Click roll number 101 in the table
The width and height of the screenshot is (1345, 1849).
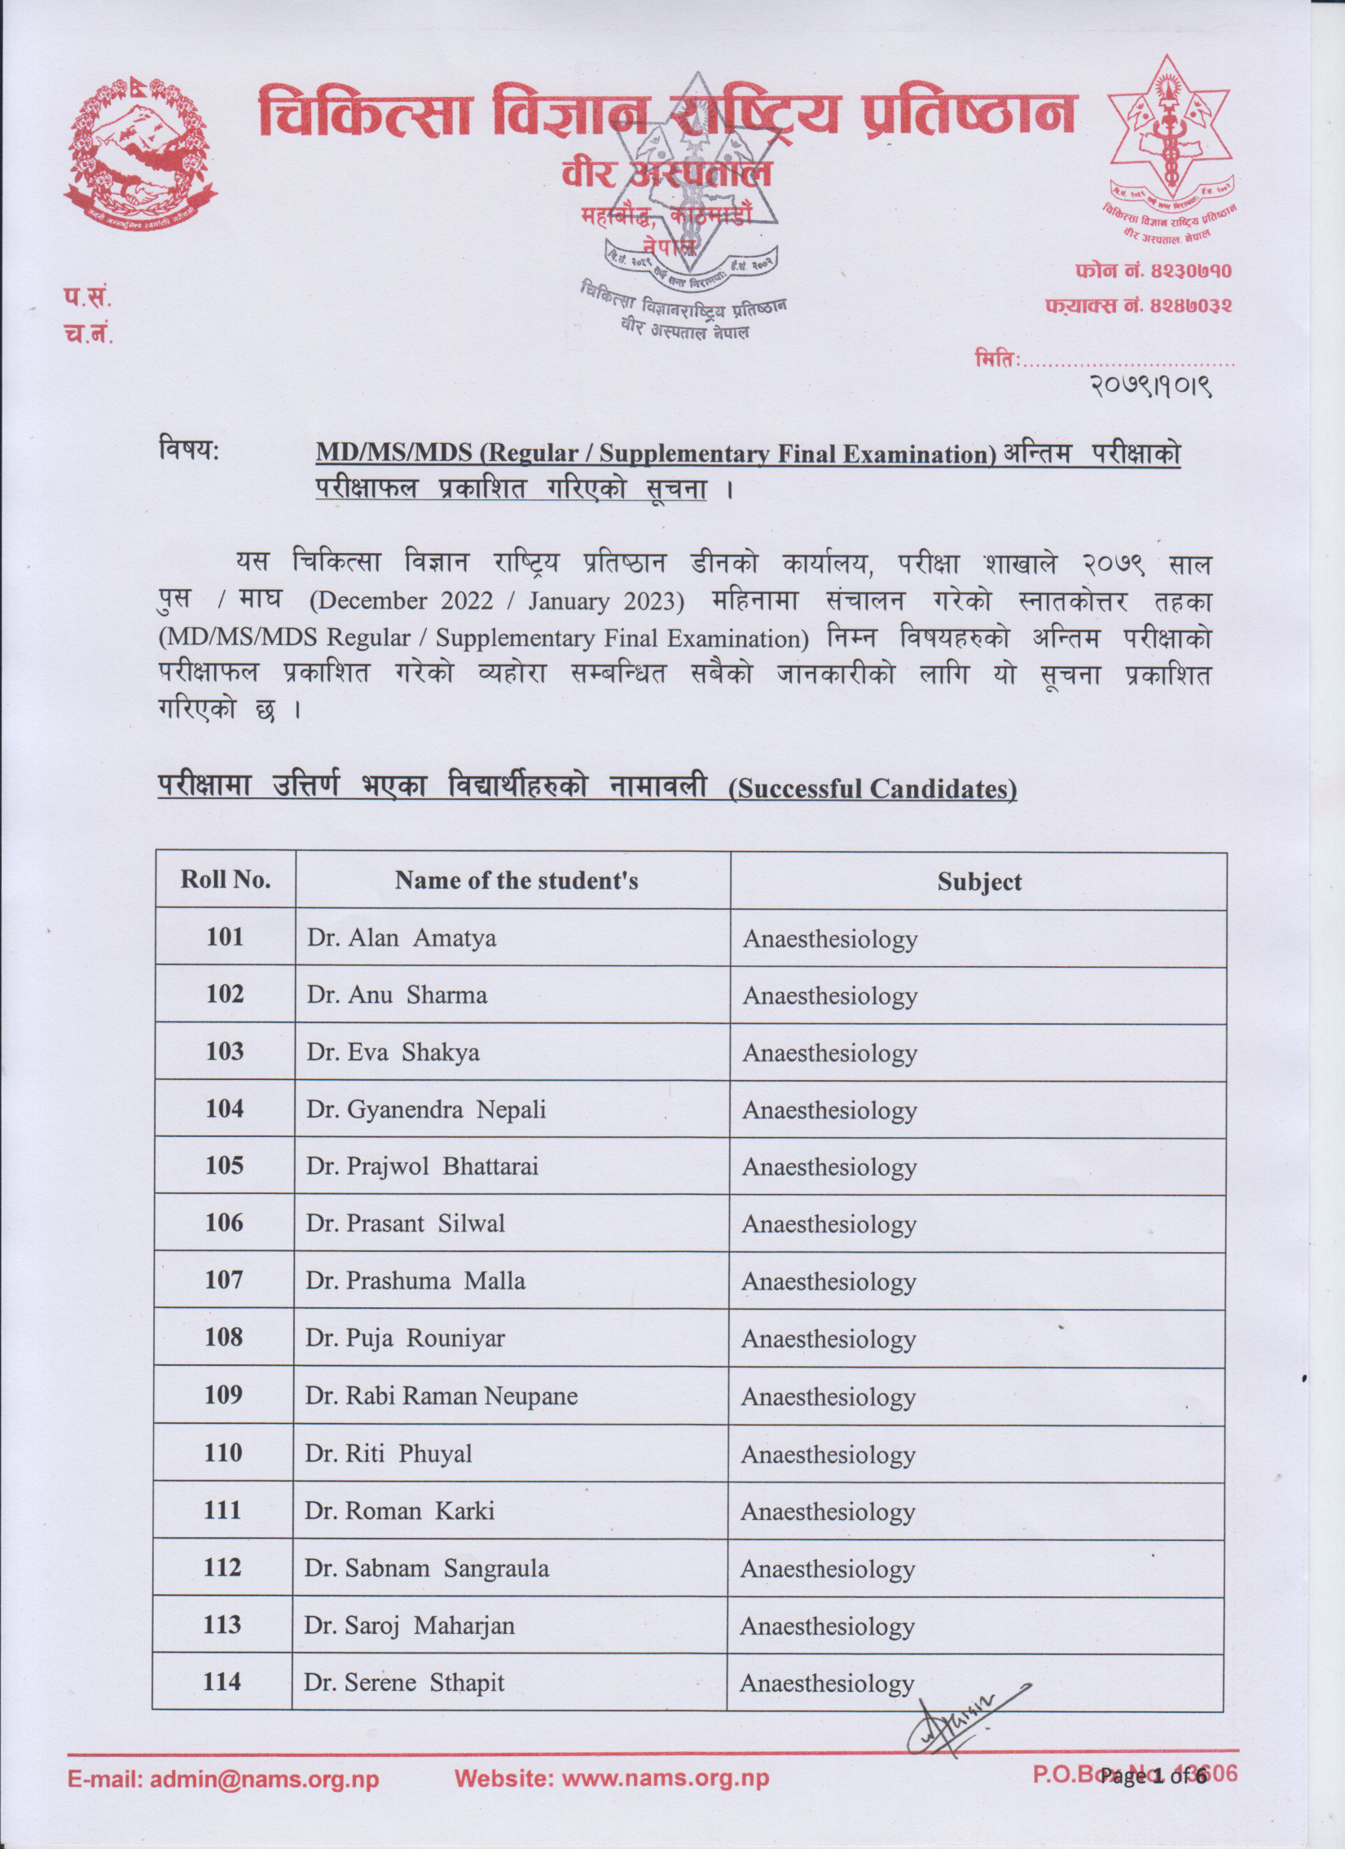click(224, 937)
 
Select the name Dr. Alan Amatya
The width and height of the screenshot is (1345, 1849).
click(401, 938)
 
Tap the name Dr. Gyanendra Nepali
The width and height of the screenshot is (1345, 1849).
click(425, 1109)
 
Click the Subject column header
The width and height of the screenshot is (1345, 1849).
click(978, 881)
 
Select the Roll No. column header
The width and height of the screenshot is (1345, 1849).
click(225, 880)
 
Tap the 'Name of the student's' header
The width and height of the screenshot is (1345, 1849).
click(516, 881)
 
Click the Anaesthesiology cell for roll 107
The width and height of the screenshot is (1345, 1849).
click(829, 1281)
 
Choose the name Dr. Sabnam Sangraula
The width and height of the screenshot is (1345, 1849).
click(426, 1568)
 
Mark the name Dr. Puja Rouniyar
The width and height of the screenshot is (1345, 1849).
click(405, 1338)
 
